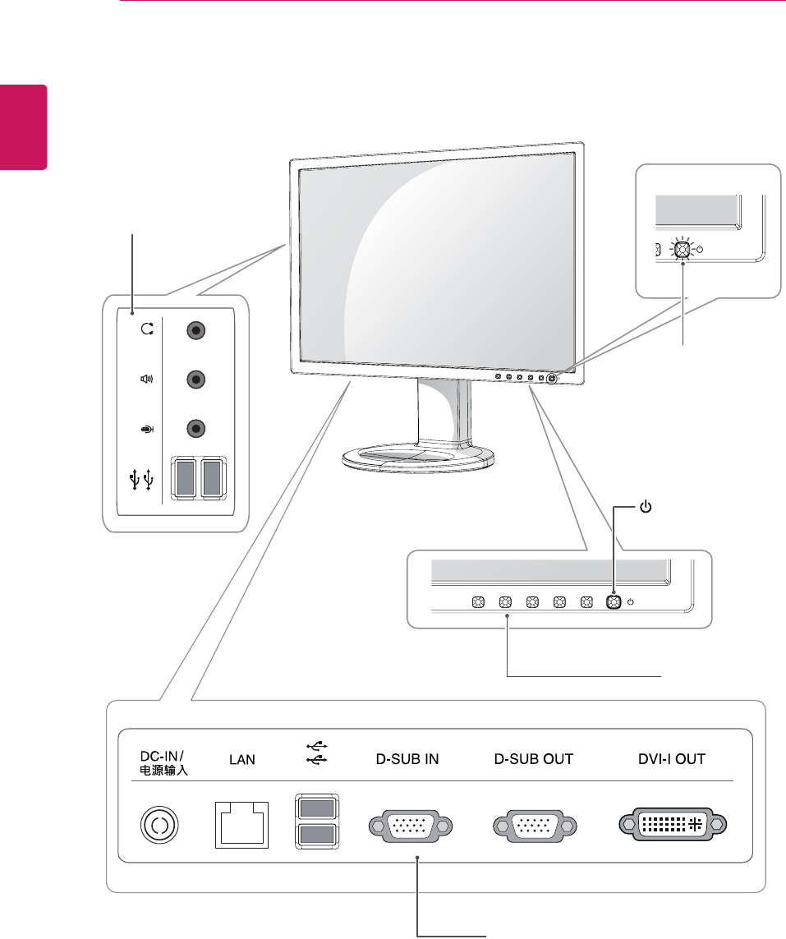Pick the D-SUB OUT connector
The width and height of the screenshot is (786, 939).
[535, 824]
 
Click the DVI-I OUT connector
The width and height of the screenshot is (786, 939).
[672, 824]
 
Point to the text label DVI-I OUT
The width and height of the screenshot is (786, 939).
[672, 759]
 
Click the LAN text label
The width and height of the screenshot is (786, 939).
[241, 760]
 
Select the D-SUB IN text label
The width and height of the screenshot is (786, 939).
[402, 759]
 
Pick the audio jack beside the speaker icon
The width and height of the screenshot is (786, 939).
[195, 380]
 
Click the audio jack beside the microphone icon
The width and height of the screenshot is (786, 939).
[195, 428]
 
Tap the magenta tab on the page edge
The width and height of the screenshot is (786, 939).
[23, 127]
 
